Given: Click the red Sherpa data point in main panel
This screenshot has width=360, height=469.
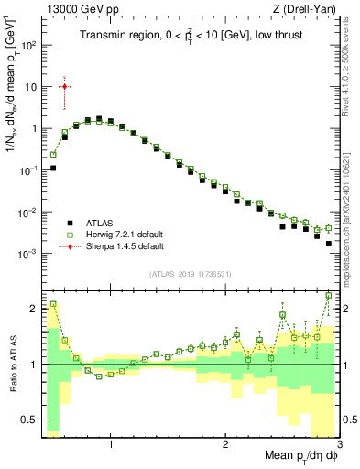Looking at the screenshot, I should [64, 87].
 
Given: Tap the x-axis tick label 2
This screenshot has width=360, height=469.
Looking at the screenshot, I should [225, 446].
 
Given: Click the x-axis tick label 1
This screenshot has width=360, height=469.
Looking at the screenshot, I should [111, 446].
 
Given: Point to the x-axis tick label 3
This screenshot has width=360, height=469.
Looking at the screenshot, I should [338, 446].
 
